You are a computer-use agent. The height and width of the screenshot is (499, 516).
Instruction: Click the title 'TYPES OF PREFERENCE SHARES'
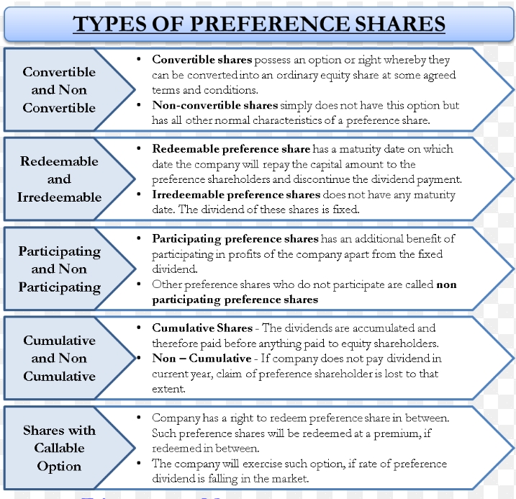[259, 24]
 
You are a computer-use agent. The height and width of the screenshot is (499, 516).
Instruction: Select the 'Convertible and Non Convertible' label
[59, 90]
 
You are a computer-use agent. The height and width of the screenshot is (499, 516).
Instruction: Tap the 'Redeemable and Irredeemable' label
[59, 179]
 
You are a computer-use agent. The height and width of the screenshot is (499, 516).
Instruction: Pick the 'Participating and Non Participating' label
[60, 269]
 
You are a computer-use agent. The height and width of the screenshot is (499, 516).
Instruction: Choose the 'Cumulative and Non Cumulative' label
[59, 358]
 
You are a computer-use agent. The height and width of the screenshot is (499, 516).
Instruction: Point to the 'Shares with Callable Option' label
[59, 448]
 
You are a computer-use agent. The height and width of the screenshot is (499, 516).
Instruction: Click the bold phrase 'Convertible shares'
[202, 60]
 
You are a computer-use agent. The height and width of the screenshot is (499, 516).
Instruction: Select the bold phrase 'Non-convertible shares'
[215, 105]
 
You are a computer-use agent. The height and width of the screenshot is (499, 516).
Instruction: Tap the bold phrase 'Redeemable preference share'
[231, 149]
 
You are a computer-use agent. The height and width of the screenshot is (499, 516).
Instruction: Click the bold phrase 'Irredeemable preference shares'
[236, 194]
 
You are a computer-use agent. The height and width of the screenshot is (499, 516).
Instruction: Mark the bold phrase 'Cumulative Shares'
[202, 328]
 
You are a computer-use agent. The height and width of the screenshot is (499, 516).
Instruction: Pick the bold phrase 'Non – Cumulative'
[202, 358]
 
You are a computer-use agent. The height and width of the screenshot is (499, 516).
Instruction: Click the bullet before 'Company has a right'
[139, 418]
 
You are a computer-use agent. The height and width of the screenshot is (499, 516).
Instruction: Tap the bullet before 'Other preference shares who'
[139, 284]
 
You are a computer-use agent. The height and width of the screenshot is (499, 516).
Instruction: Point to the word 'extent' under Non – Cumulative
[168, 389]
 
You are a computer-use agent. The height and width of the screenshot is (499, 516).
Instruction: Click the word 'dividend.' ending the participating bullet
[174, 269]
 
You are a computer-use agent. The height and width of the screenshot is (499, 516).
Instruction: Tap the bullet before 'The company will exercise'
[139, 463]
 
